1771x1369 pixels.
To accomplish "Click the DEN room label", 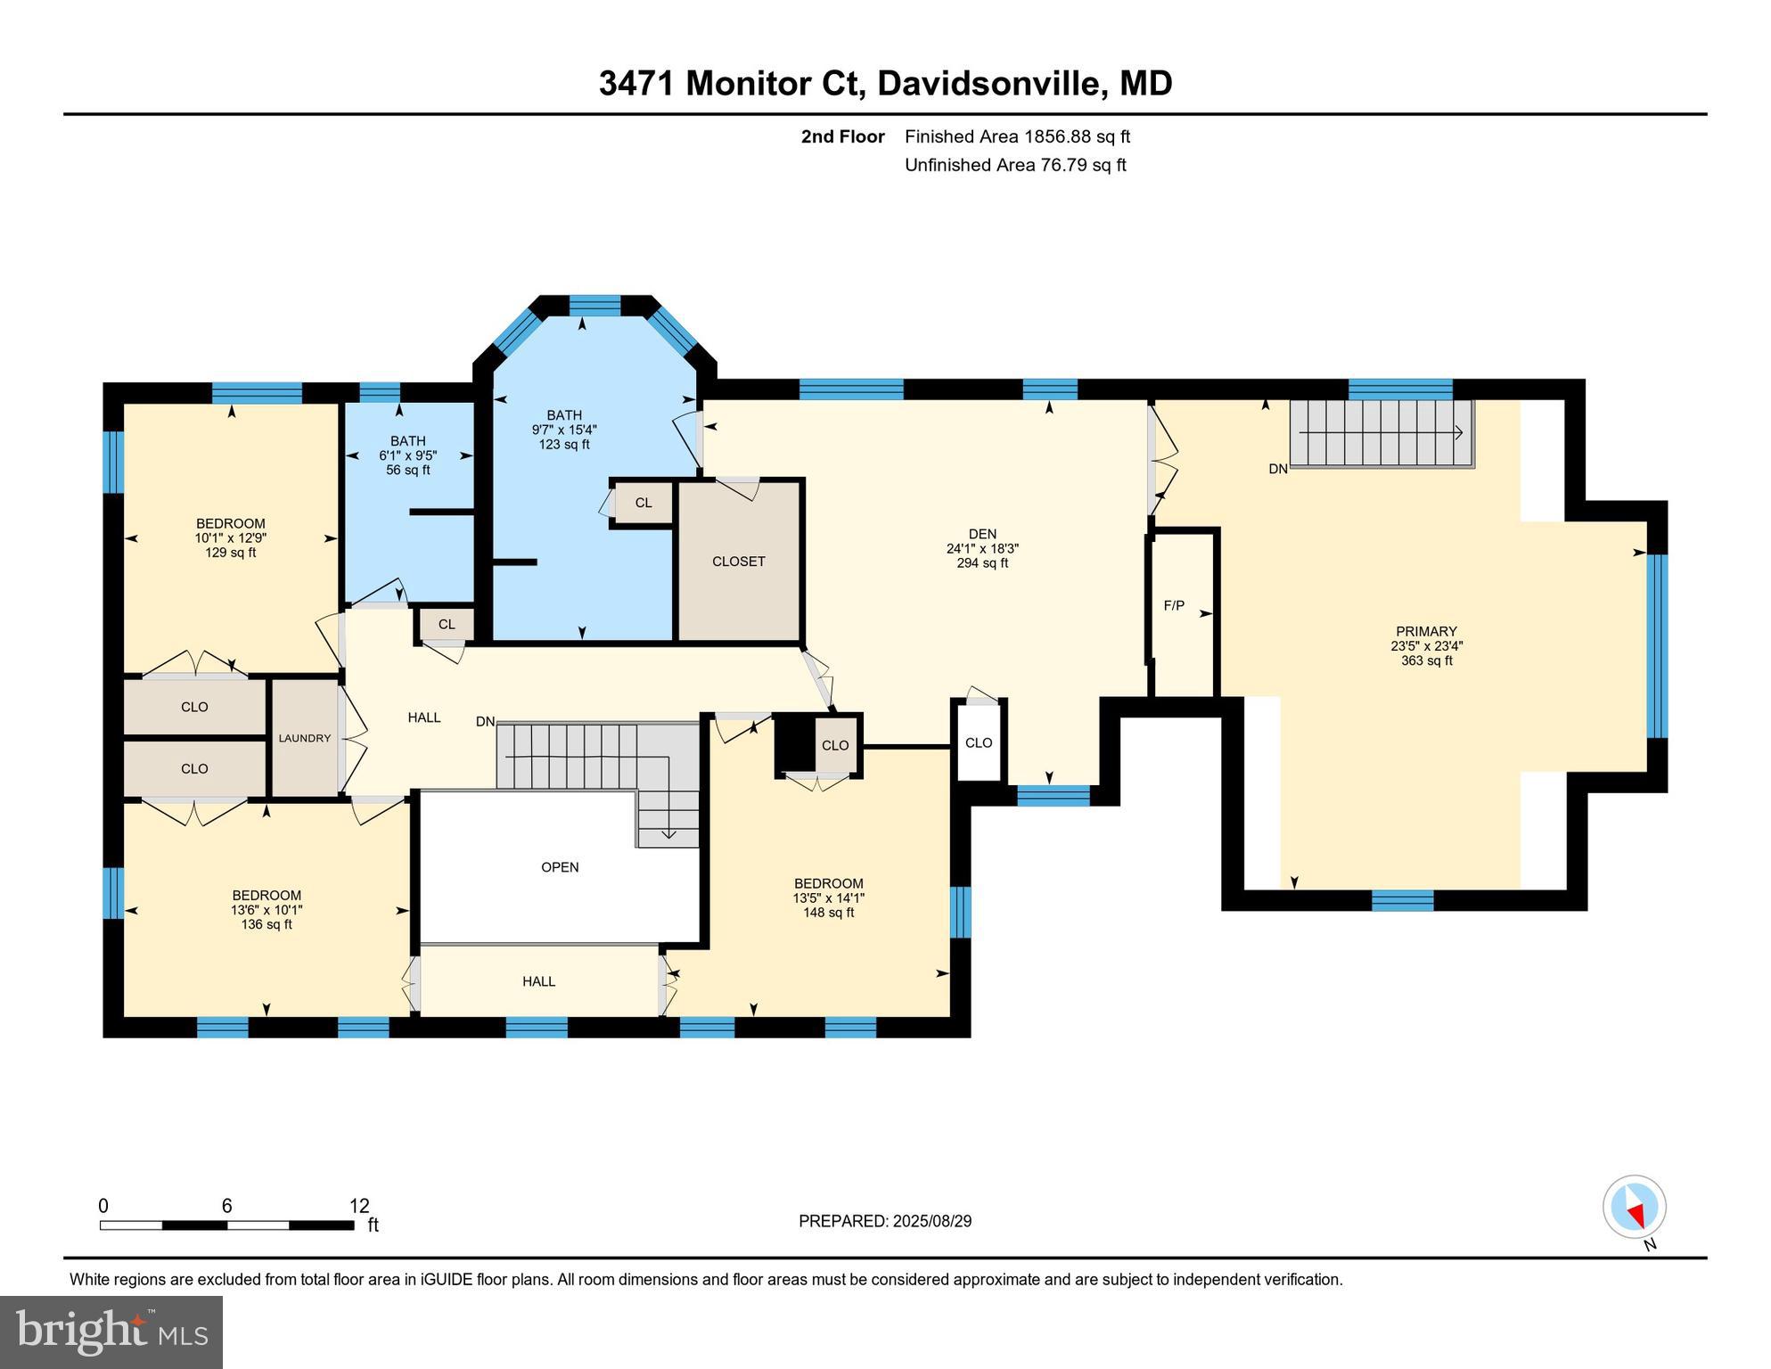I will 982,534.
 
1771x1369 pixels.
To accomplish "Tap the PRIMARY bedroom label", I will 1426,631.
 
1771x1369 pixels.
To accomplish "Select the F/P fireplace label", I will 1174,606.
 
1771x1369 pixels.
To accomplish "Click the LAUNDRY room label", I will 304,738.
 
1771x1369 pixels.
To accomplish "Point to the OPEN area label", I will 560,867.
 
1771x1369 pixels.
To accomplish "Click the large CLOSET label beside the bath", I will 738,562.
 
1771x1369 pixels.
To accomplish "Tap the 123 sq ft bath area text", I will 563,444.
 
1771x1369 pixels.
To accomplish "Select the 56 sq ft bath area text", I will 407,470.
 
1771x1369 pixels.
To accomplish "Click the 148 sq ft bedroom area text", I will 828,913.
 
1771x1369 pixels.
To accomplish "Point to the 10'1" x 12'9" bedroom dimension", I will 231,538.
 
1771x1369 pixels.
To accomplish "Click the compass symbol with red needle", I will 1634,1207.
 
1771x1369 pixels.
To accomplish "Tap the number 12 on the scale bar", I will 359,1206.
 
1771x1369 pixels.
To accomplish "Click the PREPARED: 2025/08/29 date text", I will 885,1221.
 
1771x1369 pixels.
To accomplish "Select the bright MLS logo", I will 111,1332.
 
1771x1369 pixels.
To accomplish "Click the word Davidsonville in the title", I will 991,83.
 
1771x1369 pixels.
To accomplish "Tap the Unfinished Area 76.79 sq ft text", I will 1015,165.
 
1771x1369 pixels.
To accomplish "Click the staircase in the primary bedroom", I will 1381,433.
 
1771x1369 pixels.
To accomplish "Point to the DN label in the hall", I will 485,721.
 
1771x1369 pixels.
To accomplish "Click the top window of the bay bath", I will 594,306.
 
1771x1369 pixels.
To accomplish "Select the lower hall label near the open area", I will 538,981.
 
